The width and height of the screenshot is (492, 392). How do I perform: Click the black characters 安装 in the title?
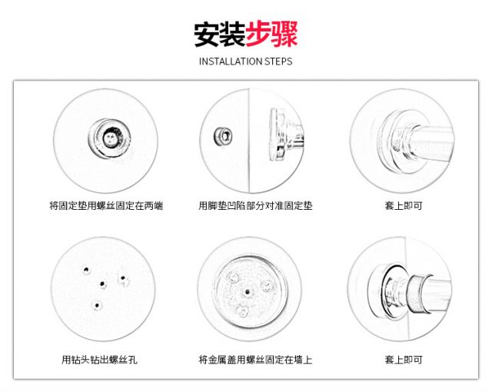[219, 35]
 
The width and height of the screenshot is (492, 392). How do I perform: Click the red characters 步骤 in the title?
[271, 35]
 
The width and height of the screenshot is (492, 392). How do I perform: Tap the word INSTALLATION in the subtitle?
[229, 61]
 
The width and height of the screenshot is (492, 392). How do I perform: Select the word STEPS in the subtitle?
[278, 61]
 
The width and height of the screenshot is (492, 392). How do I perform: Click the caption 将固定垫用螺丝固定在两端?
[106, 206]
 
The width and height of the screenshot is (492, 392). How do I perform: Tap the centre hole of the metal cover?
[245, 293]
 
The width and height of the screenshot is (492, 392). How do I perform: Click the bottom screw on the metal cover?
[243, 311]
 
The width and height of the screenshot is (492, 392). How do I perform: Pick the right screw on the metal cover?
[266, 286]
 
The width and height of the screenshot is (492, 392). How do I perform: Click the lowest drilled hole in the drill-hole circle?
[96, 305]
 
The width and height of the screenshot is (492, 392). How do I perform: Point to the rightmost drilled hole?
[121, 277]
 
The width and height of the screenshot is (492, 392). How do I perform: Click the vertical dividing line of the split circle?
[249, 138]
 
